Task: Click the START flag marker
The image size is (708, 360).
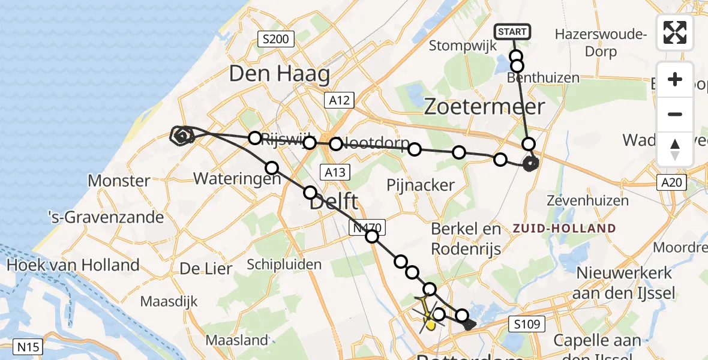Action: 512,32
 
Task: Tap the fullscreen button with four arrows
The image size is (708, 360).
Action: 675,32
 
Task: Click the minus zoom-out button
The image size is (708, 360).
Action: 675,114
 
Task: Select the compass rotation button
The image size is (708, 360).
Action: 675,149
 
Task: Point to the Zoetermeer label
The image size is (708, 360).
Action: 484,107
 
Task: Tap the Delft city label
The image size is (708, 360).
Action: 334,201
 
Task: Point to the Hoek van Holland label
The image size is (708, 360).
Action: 73,265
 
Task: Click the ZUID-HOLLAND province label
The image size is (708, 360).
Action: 564,229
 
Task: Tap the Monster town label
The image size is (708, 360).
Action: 119,181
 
